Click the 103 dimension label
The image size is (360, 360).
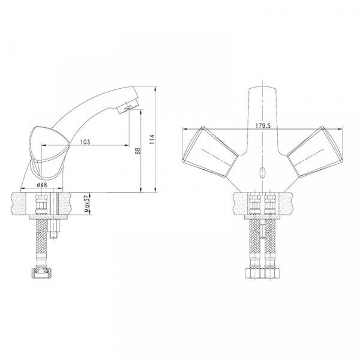click(85, 142)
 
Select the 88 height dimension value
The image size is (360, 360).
click(137, 151)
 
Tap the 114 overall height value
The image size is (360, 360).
click(152, 139)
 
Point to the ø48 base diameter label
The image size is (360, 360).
click(41, 185)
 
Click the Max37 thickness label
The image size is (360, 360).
click(86, 205)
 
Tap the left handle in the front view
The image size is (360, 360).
click(210, 152)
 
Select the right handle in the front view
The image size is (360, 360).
click(314, 152)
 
